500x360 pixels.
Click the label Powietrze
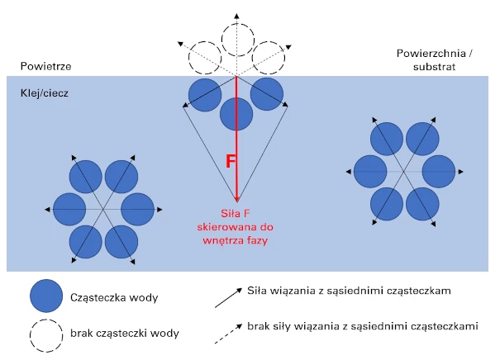[46, 66]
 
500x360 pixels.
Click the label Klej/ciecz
[45, 93]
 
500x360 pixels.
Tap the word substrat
[435, 67]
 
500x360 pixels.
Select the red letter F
[231, 161]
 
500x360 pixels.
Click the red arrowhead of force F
[237, 199]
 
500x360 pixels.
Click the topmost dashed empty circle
[238, 40]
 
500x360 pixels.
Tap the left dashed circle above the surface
[205, 58]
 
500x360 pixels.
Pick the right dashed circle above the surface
[268, 58]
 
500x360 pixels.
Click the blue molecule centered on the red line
[236, 114]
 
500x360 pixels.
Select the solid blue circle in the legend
[46, 296]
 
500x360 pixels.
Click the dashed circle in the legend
[46, 335]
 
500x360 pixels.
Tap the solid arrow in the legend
[228, 298]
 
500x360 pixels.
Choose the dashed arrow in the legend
[228, 334]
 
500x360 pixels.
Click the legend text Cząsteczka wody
[114, 297]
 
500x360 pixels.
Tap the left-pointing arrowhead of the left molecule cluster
[47, 209]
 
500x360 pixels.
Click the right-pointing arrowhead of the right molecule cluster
[460, 172]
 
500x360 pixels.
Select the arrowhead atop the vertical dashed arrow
[236, 17]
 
